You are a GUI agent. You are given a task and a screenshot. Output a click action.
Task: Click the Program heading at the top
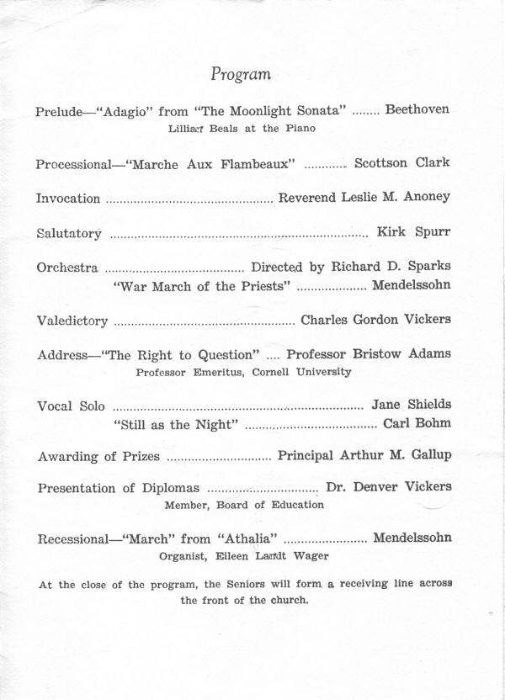pos(241,74)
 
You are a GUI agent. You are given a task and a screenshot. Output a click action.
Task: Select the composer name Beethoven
pos(417,109)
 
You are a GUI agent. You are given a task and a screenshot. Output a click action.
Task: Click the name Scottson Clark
pos(401,162)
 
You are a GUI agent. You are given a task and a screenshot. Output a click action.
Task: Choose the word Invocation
pos(67,199)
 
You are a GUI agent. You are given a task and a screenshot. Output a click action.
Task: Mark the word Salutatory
pos(69,233)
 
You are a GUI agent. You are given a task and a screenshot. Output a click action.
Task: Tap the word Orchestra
pos(67,268)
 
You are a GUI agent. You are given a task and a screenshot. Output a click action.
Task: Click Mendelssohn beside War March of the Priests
pos(411,285)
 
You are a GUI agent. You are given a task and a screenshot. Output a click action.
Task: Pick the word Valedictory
pos(72,321)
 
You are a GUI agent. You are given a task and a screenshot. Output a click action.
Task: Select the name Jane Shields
pos(411,405)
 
